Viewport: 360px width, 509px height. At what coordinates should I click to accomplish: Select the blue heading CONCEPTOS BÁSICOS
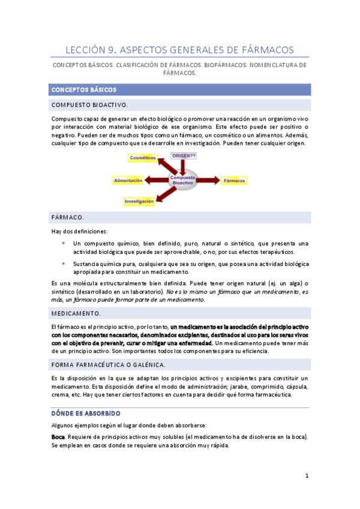point(83,89)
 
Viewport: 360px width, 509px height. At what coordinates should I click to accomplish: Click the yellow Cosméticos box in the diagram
point(143,157)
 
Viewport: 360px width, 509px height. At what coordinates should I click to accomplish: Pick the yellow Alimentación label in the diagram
point(128,180)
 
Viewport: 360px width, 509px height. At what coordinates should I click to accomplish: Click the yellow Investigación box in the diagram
point(139,202)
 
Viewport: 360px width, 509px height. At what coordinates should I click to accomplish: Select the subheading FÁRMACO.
point(68,217)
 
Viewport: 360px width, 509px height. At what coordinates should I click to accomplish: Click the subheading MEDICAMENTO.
point(76,313)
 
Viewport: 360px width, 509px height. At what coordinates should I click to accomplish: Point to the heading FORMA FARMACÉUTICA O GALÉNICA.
point(109,364)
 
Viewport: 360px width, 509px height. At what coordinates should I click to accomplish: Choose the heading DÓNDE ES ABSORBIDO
point(86,413)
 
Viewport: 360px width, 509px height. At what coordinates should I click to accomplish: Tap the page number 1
point(306,476)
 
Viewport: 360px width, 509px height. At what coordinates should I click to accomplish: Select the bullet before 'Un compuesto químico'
point(64,242)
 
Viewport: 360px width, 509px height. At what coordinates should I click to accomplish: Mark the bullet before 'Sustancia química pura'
point(64,263)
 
